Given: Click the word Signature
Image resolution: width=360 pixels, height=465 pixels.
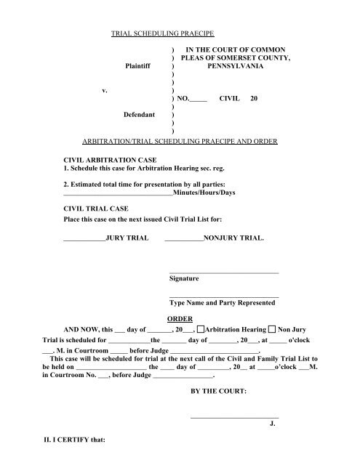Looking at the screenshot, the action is pyautogui.click(x=185, y=278).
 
